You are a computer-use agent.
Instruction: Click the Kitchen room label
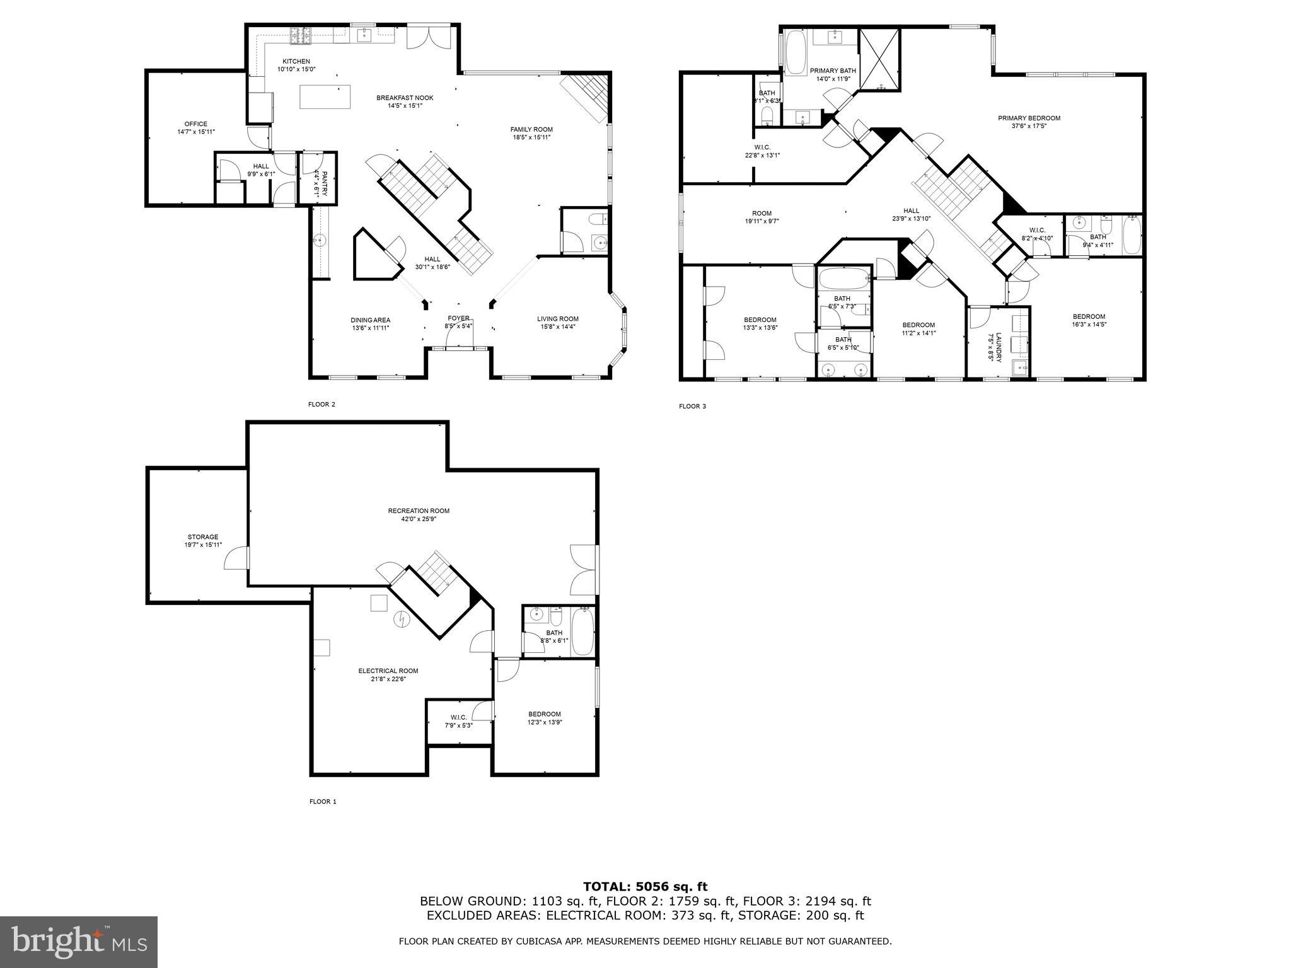tap(296, 61)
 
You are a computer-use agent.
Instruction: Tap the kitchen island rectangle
tap(325, 97)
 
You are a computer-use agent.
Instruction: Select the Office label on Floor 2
tap(195, 124)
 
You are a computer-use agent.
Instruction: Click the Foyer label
tap(458, 318)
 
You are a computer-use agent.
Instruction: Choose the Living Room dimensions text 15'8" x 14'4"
tap(557, 326)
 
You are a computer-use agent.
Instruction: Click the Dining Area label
tap(370, 320)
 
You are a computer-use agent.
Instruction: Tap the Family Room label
tap(531, 129)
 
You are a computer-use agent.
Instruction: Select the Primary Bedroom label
tap(1029, 118)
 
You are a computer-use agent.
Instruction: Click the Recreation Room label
tap(419, 510)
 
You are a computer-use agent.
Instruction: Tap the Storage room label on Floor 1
tap(202, 537)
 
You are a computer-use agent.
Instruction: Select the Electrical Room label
tap(388, 671)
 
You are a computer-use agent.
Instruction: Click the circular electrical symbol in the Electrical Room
tap(400, 620)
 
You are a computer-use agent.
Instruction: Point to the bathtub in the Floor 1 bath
tap(582, 632)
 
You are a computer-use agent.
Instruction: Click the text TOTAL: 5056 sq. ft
tap(645, 887)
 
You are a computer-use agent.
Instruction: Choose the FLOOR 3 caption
tap(692, 406)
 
